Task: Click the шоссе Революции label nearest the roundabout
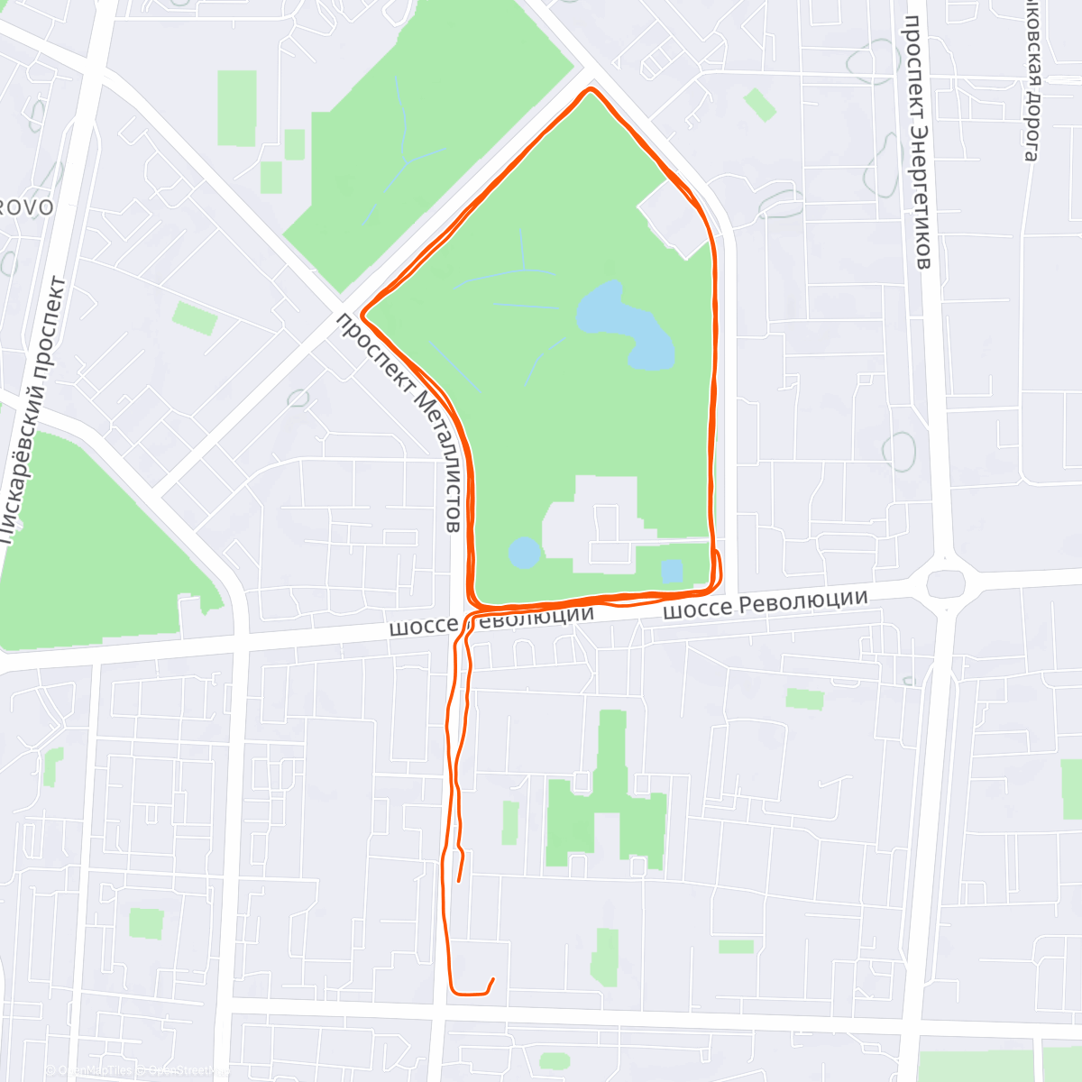pos(766,605)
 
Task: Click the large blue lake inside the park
pos(626,326)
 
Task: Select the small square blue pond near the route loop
pos(672,571)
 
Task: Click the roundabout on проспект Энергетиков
pos(945,582)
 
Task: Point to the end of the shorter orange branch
pos(459,880)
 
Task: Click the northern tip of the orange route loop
pos(591,89)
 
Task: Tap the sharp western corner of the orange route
pos(362,314)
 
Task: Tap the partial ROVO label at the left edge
pos(26,208)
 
